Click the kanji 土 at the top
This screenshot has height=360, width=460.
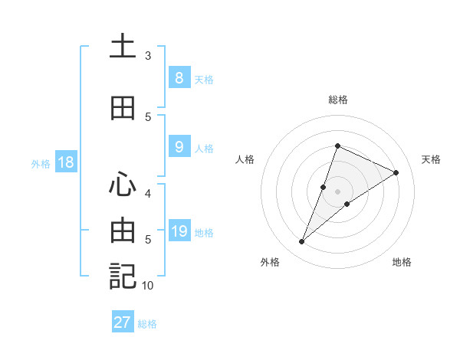pos(123,46)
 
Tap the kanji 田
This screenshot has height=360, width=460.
pos(123,108)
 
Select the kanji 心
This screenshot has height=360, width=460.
pos(123,185)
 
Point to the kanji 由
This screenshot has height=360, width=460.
pos(123,230)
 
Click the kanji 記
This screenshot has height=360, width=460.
pos(123,276)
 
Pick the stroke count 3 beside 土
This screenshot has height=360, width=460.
pos(148,56)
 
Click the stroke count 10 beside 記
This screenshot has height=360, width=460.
pos(148,286)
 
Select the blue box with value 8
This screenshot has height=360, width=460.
pos(179,78)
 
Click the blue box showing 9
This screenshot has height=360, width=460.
pos(179,147)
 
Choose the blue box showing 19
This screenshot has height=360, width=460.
pos(179,231)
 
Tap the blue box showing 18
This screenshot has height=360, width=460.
pos(64,162)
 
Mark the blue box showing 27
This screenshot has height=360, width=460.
pos(123,322)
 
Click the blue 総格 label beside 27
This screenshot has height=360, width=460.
pos(147,324)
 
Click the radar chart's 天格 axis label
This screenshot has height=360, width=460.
pos(431,159)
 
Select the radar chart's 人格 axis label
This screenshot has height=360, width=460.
pos(245,159)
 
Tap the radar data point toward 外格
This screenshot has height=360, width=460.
pos(302,242)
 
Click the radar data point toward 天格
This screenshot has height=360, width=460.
pos(396,172)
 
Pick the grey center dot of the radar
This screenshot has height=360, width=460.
pos(338,191)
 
